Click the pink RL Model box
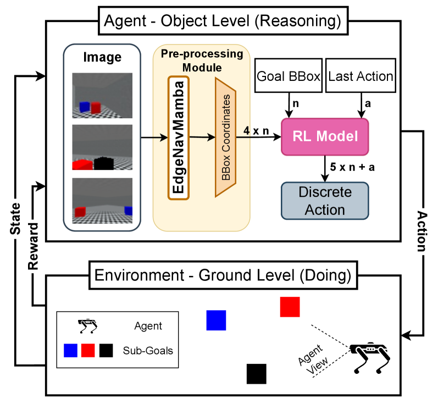click(325, 136)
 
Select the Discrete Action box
click(325, 201)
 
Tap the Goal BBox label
click(289, 76)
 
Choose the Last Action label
click(361, 76)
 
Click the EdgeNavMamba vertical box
click(178, 137)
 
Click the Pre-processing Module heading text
click(202, 61)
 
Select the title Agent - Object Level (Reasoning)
click(223, 22)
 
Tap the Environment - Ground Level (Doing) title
click(223, 275)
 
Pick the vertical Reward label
click(34, 246)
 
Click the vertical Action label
click(421, 231)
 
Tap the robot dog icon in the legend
click(87, 326)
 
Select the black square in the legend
click(106, 350)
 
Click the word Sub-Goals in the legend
click(148, 350)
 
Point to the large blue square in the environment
click(216, 320)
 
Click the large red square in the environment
click(290, 307)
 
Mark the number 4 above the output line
click(246, 130)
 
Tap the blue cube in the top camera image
click(84, 107)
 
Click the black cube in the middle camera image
click(103, 163)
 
